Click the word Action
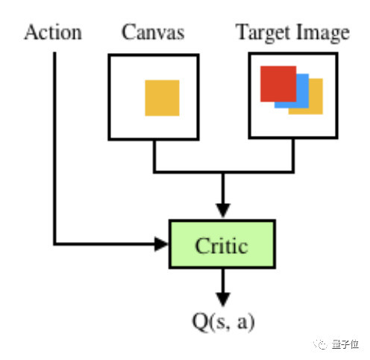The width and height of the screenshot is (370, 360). point(53,32)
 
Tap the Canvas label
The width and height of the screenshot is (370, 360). point(153,32)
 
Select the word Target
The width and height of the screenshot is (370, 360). point(263,33)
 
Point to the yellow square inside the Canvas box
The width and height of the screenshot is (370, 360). point(162,98)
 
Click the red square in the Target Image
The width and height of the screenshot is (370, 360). point(278,84)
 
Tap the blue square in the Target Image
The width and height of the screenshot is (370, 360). point(302,91)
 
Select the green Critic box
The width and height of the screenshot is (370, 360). point(222,244)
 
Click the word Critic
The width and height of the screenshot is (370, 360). point(222,246)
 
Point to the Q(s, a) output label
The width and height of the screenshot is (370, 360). point(223,321)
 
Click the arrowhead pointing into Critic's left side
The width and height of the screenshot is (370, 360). point(161,244)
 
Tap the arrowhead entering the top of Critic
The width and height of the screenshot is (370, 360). point(223,211)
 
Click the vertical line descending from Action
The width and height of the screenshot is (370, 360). point(54,148)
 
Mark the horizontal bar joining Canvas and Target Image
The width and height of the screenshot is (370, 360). point(224,172)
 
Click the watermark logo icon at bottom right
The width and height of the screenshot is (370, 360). point(320,344)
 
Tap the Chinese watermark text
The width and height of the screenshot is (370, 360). point(345,344)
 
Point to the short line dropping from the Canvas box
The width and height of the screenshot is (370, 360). point(154,156)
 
